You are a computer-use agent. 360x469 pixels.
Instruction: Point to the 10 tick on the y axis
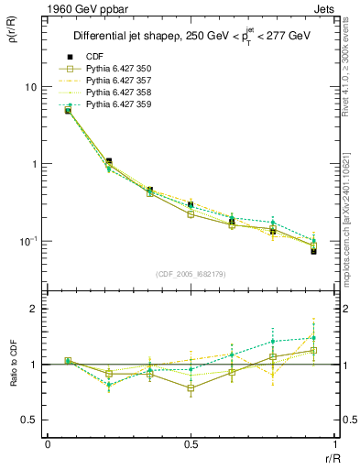click(x=31, y=87)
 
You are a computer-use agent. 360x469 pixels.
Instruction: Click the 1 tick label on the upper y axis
click(x=34, y=164)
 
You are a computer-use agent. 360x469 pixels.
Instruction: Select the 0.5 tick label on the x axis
click(x=190, y=444)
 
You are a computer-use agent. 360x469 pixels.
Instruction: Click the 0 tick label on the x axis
click(x=48, y=444)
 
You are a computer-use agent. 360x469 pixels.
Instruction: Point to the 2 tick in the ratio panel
click(x=34, y=309)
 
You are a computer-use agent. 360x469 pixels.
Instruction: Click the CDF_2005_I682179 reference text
click(x=190, y=274)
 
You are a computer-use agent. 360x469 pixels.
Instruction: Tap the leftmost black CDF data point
click(x=68, y=110)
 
